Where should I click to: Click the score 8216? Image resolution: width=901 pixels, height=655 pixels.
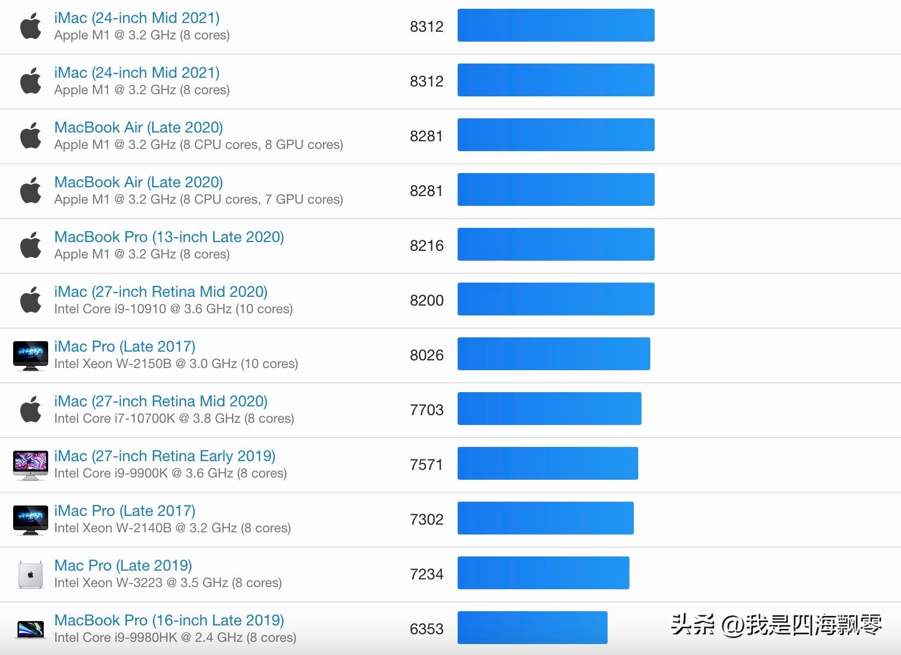(x=426, y=245)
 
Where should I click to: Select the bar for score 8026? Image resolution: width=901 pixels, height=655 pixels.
(x=553, y=354)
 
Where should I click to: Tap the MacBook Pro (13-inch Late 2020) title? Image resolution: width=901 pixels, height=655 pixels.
(x=169, y=237)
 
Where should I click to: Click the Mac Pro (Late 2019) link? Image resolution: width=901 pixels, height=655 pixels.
(x=123, y=565)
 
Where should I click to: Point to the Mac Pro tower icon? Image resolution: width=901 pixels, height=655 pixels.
(x=31, y=574)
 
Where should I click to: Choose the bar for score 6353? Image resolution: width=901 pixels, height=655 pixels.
(x=532, y=628)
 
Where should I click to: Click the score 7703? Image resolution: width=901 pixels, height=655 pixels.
(x=426, y=410)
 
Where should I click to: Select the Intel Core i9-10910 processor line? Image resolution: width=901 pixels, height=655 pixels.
(x=174, y=309)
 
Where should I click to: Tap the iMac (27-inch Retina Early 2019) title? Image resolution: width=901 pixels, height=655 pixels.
(x=165, y=456)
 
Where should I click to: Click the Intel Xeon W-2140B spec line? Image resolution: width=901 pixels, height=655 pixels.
(x=172, y=528)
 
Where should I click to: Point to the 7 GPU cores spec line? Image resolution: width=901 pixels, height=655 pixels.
(x=199, y=199)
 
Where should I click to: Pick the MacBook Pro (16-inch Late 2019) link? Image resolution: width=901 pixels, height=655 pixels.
(x=169, y=620)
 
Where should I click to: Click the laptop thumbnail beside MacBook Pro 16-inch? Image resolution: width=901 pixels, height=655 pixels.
(x=31, y=629)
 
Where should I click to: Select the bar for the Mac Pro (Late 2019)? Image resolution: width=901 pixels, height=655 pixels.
(x=543, y=573)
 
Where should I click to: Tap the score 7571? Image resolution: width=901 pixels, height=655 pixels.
(x=426, y=464)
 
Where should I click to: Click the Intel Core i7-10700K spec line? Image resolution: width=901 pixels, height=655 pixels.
(x=174, y=418)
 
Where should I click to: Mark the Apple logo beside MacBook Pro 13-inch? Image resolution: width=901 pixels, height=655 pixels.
(x=31, y=245)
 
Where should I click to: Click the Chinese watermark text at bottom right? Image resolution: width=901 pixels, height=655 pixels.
(x=776, y=624)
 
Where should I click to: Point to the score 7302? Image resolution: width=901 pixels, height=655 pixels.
(x=426, y=519)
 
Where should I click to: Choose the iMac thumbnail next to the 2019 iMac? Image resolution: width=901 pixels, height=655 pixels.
(x=31, y=465)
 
